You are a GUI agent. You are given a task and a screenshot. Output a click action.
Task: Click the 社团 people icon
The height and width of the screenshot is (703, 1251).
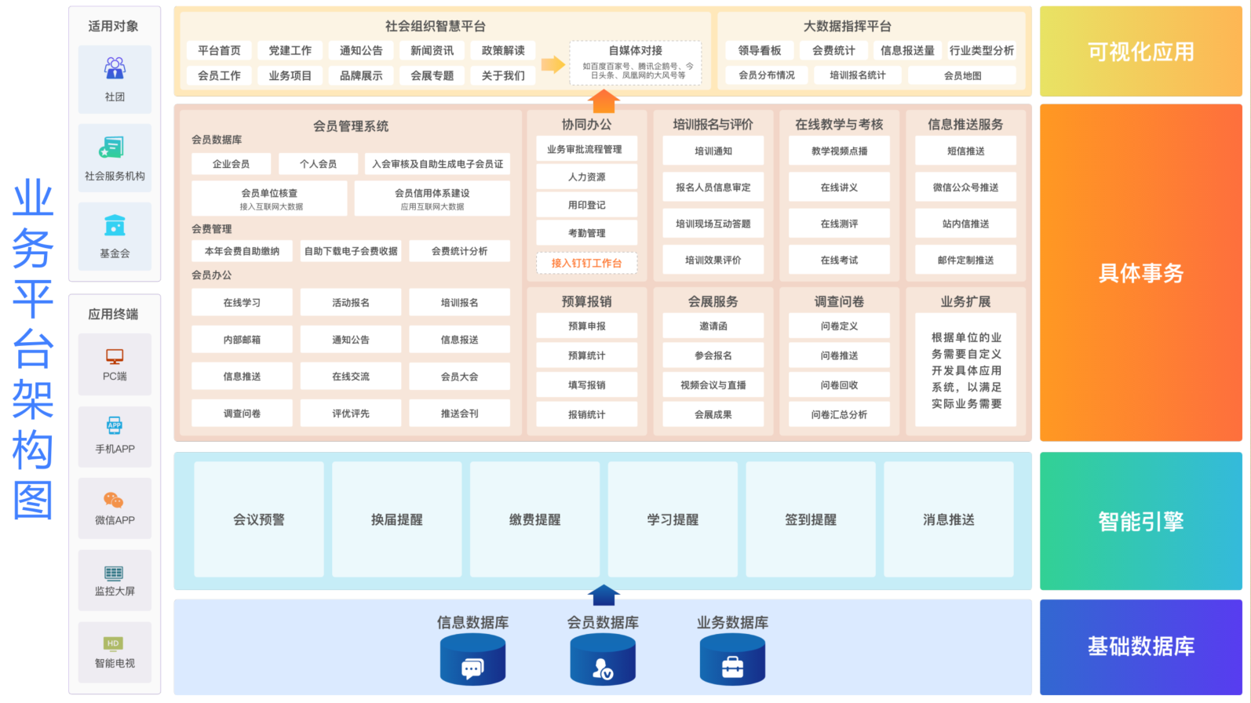click(x=115, y=68)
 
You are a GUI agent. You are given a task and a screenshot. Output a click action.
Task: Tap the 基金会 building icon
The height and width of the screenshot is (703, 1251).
click(x=115, y=225)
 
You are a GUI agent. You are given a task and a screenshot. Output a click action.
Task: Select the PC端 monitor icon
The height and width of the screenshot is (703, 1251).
click(x=115, y=357)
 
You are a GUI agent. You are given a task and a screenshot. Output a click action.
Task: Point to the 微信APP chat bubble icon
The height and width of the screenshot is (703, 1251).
click(x=113, y=501)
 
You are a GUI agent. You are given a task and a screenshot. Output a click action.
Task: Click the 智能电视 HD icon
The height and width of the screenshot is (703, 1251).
click(x=113, y=644)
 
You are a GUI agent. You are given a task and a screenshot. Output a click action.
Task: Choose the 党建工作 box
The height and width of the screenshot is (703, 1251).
click(x=290, y=51)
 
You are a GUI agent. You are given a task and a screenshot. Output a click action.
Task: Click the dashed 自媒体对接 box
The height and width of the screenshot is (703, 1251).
click(x=635, y=63)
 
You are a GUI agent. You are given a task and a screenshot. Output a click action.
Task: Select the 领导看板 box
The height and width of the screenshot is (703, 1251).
click(x=759, y=51)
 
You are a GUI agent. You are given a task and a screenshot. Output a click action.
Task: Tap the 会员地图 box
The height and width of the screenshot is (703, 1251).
click(x=961, y=75)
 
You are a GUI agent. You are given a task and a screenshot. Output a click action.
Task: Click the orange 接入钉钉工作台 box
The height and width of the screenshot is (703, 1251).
click(x=586, y=263)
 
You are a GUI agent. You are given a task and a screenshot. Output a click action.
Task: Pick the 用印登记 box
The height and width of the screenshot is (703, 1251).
click(x=586, y=205)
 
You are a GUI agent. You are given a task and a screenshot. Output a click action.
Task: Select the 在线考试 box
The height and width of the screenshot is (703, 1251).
click(x=839, y=260)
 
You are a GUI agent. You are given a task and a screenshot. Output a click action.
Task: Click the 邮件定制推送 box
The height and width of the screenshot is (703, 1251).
click(x=965, y=260)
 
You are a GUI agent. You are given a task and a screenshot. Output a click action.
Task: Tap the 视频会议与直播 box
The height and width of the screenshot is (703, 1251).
click(x=713, y=385)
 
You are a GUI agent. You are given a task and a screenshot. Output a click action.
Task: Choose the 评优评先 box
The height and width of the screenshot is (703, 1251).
click(x=351, y=413)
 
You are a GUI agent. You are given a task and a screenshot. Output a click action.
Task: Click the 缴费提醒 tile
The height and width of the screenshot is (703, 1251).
click(x=534, y=519)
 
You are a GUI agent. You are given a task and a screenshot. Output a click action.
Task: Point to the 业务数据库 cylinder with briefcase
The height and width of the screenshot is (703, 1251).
click(x=732, y=659)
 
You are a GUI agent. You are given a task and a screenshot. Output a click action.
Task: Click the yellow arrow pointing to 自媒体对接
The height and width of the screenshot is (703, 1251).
click(x=553, y=64)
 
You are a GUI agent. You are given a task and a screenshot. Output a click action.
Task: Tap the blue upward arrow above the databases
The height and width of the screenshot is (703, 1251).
click(x=604, y=596)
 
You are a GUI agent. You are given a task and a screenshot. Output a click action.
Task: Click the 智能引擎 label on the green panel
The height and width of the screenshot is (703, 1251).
click(x=1140, y=522)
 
